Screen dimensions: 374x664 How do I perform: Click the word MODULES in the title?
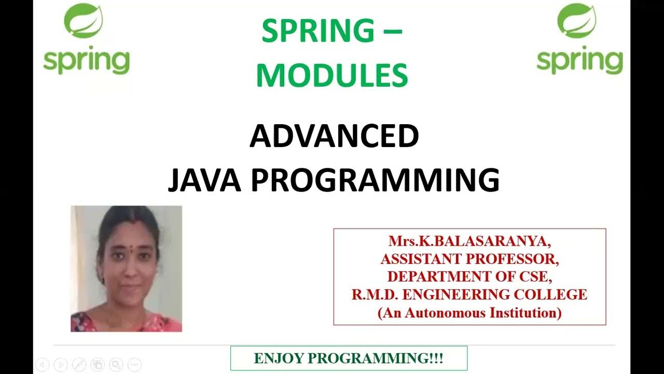(332, 75)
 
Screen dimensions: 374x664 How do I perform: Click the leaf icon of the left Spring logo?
(83, 21)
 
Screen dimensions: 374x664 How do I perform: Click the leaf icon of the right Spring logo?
(577, 21)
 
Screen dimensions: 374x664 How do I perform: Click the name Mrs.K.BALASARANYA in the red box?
(469, 242)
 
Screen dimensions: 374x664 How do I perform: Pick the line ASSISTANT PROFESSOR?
(469, 259)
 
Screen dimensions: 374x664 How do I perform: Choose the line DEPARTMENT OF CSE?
(469, 277)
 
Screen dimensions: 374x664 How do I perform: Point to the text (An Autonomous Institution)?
(469, 313)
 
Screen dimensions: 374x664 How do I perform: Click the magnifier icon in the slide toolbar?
(116, 365)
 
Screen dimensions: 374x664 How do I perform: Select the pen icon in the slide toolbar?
(79, 365)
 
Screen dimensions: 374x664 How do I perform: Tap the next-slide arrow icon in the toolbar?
(61, 365)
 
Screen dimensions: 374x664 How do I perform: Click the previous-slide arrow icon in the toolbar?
(43, 365)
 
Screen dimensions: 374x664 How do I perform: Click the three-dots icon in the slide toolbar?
(134, 365)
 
